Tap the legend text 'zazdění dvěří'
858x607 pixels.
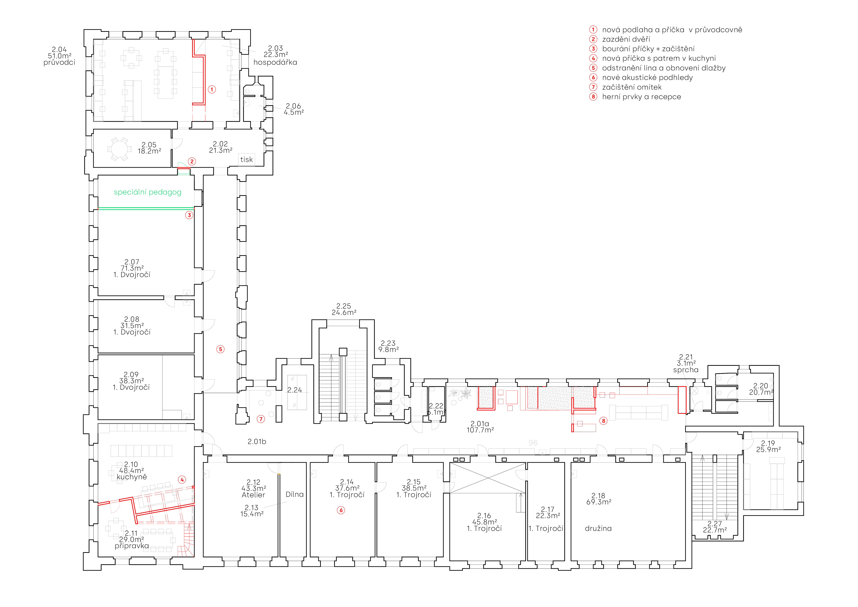coord(626,39)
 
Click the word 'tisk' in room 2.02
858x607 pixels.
coord(246,160)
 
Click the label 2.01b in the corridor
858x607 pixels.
coord(257,442)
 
